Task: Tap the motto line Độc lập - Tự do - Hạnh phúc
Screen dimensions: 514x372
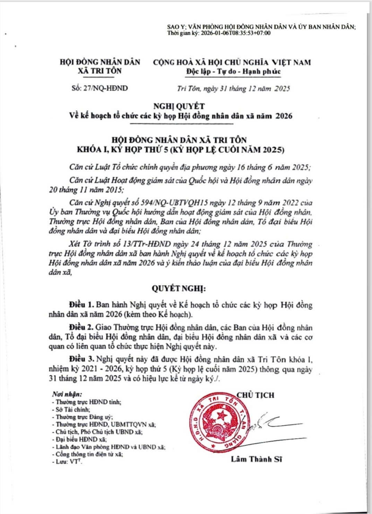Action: [x=233, y=71]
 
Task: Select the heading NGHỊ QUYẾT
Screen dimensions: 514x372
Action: [x=180, y=106]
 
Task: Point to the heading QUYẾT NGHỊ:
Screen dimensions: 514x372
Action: [x=179, y=288]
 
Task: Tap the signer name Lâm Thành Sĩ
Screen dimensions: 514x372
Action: [x=257, y=459]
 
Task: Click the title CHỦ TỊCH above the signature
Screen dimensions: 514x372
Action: [x=256, y=395]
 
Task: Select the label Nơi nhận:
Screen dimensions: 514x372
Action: [x=67, y=395]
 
